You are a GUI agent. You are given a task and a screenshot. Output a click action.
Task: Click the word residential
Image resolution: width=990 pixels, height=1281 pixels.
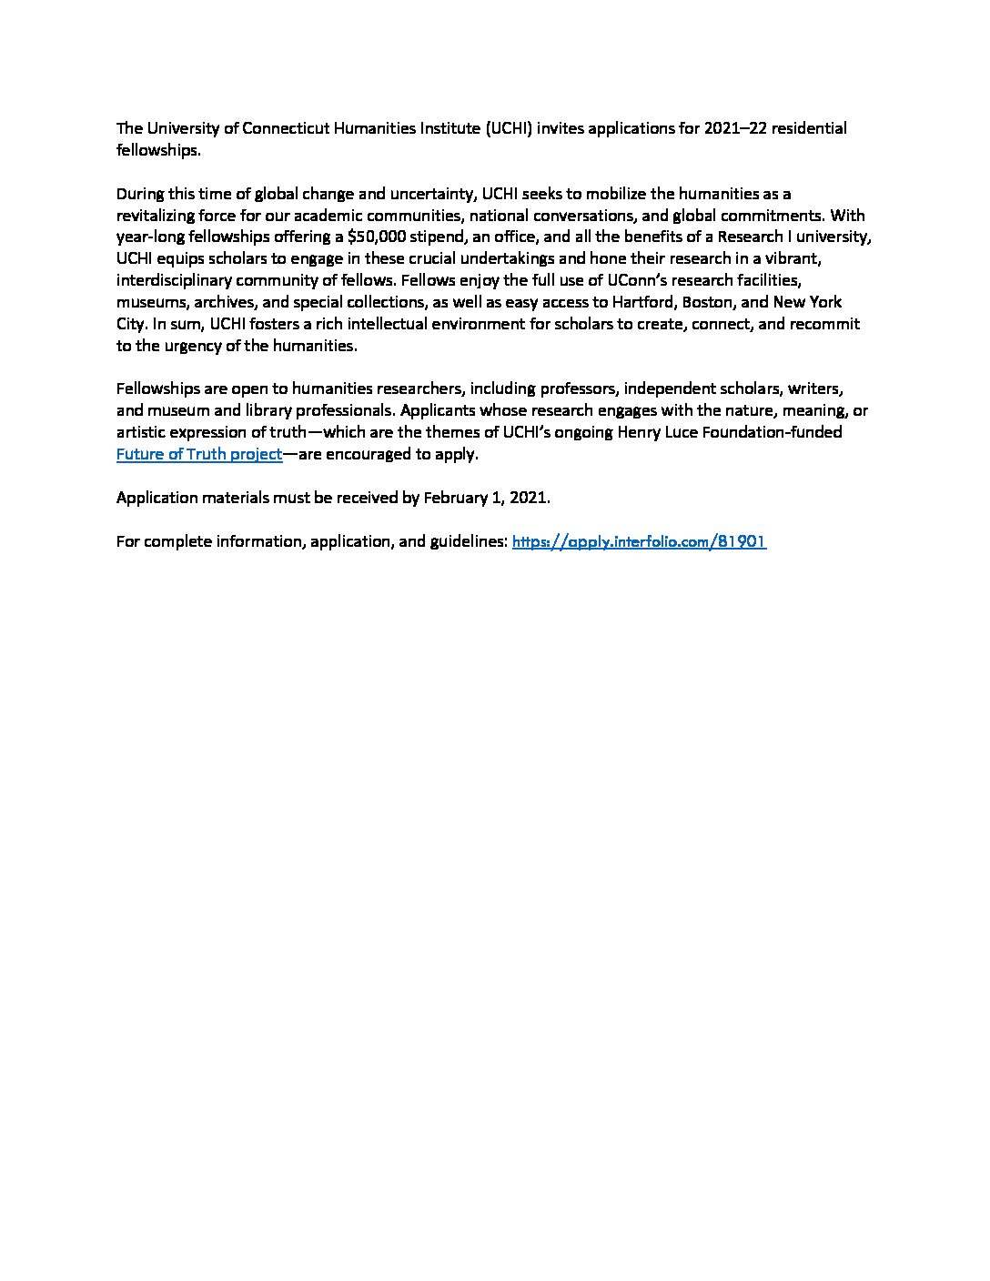point(808,128)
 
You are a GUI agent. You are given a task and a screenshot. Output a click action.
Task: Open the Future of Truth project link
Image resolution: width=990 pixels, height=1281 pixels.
point(199,454)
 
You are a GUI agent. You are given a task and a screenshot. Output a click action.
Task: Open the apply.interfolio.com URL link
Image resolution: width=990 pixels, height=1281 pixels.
point(639,541)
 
